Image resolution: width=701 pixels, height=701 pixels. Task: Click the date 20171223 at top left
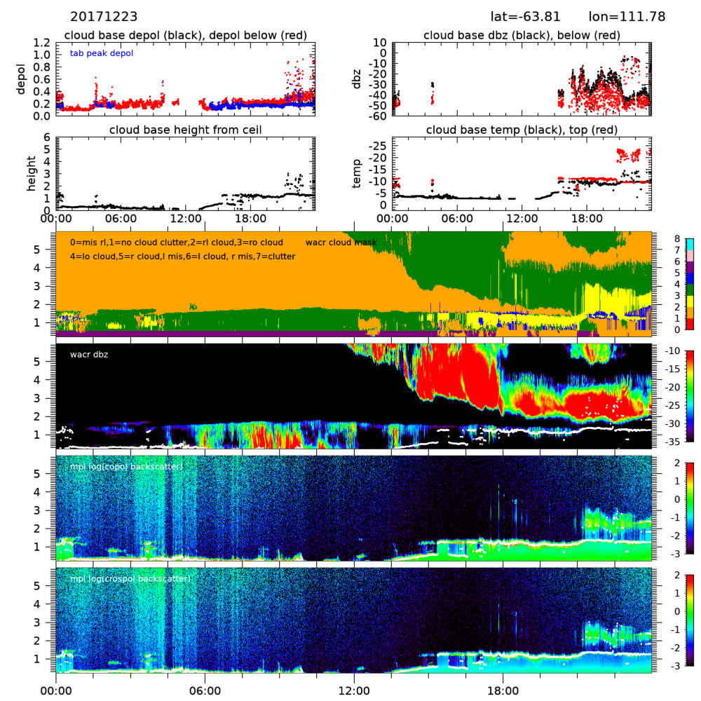104,16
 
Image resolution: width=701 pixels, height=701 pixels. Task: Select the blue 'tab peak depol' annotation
102,53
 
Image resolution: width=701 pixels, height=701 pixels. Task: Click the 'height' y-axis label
31,172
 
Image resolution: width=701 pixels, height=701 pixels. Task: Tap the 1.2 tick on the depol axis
42,43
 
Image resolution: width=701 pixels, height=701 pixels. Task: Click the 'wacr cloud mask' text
341,243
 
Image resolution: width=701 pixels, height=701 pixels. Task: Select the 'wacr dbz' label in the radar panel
88,354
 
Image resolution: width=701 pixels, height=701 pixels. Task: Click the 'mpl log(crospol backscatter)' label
130,579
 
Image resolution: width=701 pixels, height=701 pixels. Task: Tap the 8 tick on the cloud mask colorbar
677,238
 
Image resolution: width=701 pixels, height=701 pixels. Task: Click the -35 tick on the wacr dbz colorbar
680,442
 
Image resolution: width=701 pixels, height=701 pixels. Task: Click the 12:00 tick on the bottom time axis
354,689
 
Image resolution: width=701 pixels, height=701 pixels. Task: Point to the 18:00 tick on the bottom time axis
503,689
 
